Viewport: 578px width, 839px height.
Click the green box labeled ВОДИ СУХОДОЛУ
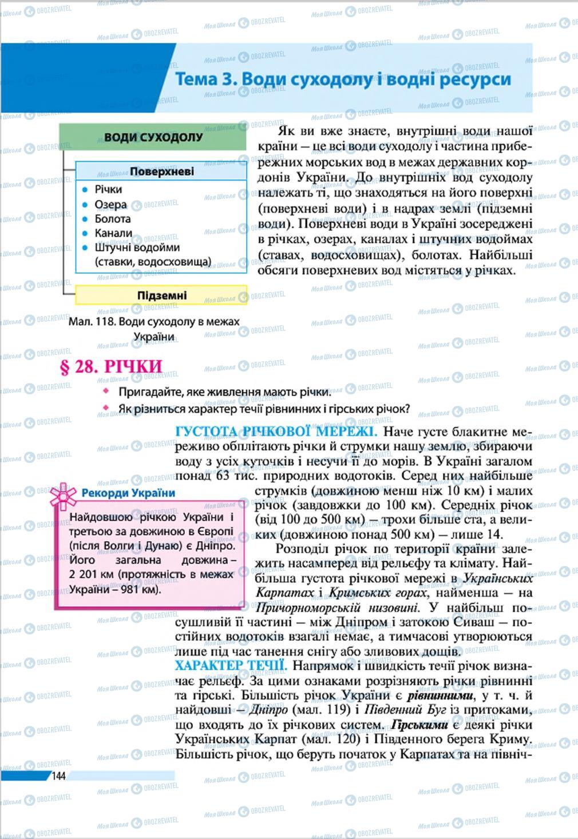[153, 138]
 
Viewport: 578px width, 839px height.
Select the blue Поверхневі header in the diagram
[161, 171]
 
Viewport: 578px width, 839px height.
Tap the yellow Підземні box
[161, 295]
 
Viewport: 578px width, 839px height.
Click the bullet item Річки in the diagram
[108, 189]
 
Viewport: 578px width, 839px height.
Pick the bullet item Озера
[110, 204]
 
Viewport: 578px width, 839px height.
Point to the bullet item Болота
[113, 219]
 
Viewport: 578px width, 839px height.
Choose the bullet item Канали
[113, 233]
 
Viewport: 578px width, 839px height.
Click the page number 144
[59, 776]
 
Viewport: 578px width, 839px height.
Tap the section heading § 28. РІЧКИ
[111, 366]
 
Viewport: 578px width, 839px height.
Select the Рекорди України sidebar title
[128, 493]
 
